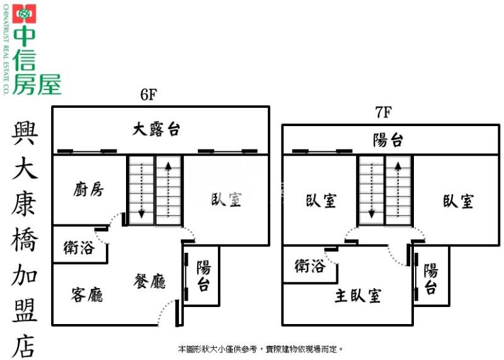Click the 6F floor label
tap(148, 95)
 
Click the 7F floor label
tap(383, 113)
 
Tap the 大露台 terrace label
tap(156, 129)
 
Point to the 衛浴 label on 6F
tap(79, 248)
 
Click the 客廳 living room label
tap(87, 294)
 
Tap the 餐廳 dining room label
tap(150, 281)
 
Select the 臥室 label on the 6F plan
tap(226, 200)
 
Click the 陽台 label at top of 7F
tap(387, 140)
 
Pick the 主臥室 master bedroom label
tap(358, 295)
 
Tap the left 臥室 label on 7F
tap(321, 200)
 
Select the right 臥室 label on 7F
tap(458, 201)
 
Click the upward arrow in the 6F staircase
tap(168, 189)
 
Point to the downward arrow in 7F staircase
tap(372, 189)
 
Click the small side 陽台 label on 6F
tap(203, 276)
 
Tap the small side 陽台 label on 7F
tap(430, 279)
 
